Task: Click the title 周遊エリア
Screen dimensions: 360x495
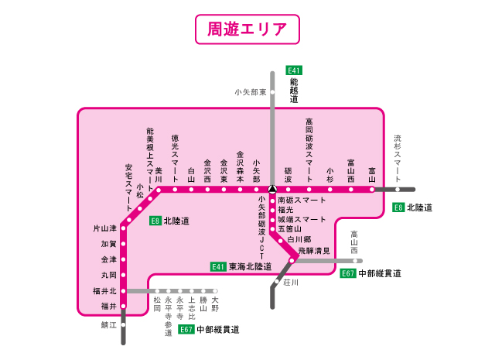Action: pos(247,29)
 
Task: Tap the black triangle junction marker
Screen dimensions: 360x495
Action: pos(272,189)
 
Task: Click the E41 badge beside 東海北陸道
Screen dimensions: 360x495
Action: pos(219,266)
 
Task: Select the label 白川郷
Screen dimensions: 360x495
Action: pos(299,240)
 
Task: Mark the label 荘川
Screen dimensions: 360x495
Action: pos(291,283)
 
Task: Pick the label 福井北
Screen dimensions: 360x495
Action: pos(103,291)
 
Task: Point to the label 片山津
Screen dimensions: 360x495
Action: pos(104,228)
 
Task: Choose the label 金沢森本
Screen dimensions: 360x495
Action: pos(240,166)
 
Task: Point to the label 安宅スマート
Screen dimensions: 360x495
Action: pos(128,187)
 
